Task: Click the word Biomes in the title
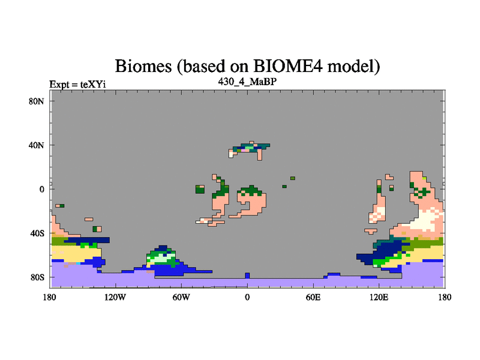pos(143,66)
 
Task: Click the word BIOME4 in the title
pos(288,66)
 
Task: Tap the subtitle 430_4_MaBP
pos(247,82)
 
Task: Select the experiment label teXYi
pos(93,84)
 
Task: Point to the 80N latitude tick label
pos(37,101)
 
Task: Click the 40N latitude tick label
pos(37,145)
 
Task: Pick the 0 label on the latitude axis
pos(41,189)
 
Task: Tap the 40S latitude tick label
pos(37,233)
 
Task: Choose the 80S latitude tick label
pos(37,277)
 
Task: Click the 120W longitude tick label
pos(115,297)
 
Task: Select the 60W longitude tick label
pos(181,297)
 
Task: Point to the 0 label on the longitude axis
pos(247,297)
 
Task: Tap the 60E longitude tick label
pos(313,297)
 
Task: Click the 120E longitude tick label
pos(379,297)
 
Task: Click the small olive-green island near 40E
pos(293,178)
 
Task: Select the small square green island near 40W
pos(200,189)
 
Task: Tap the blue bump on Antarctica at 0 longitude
pos(247,275)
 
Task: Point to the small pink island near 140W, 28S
pos(89,219)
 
